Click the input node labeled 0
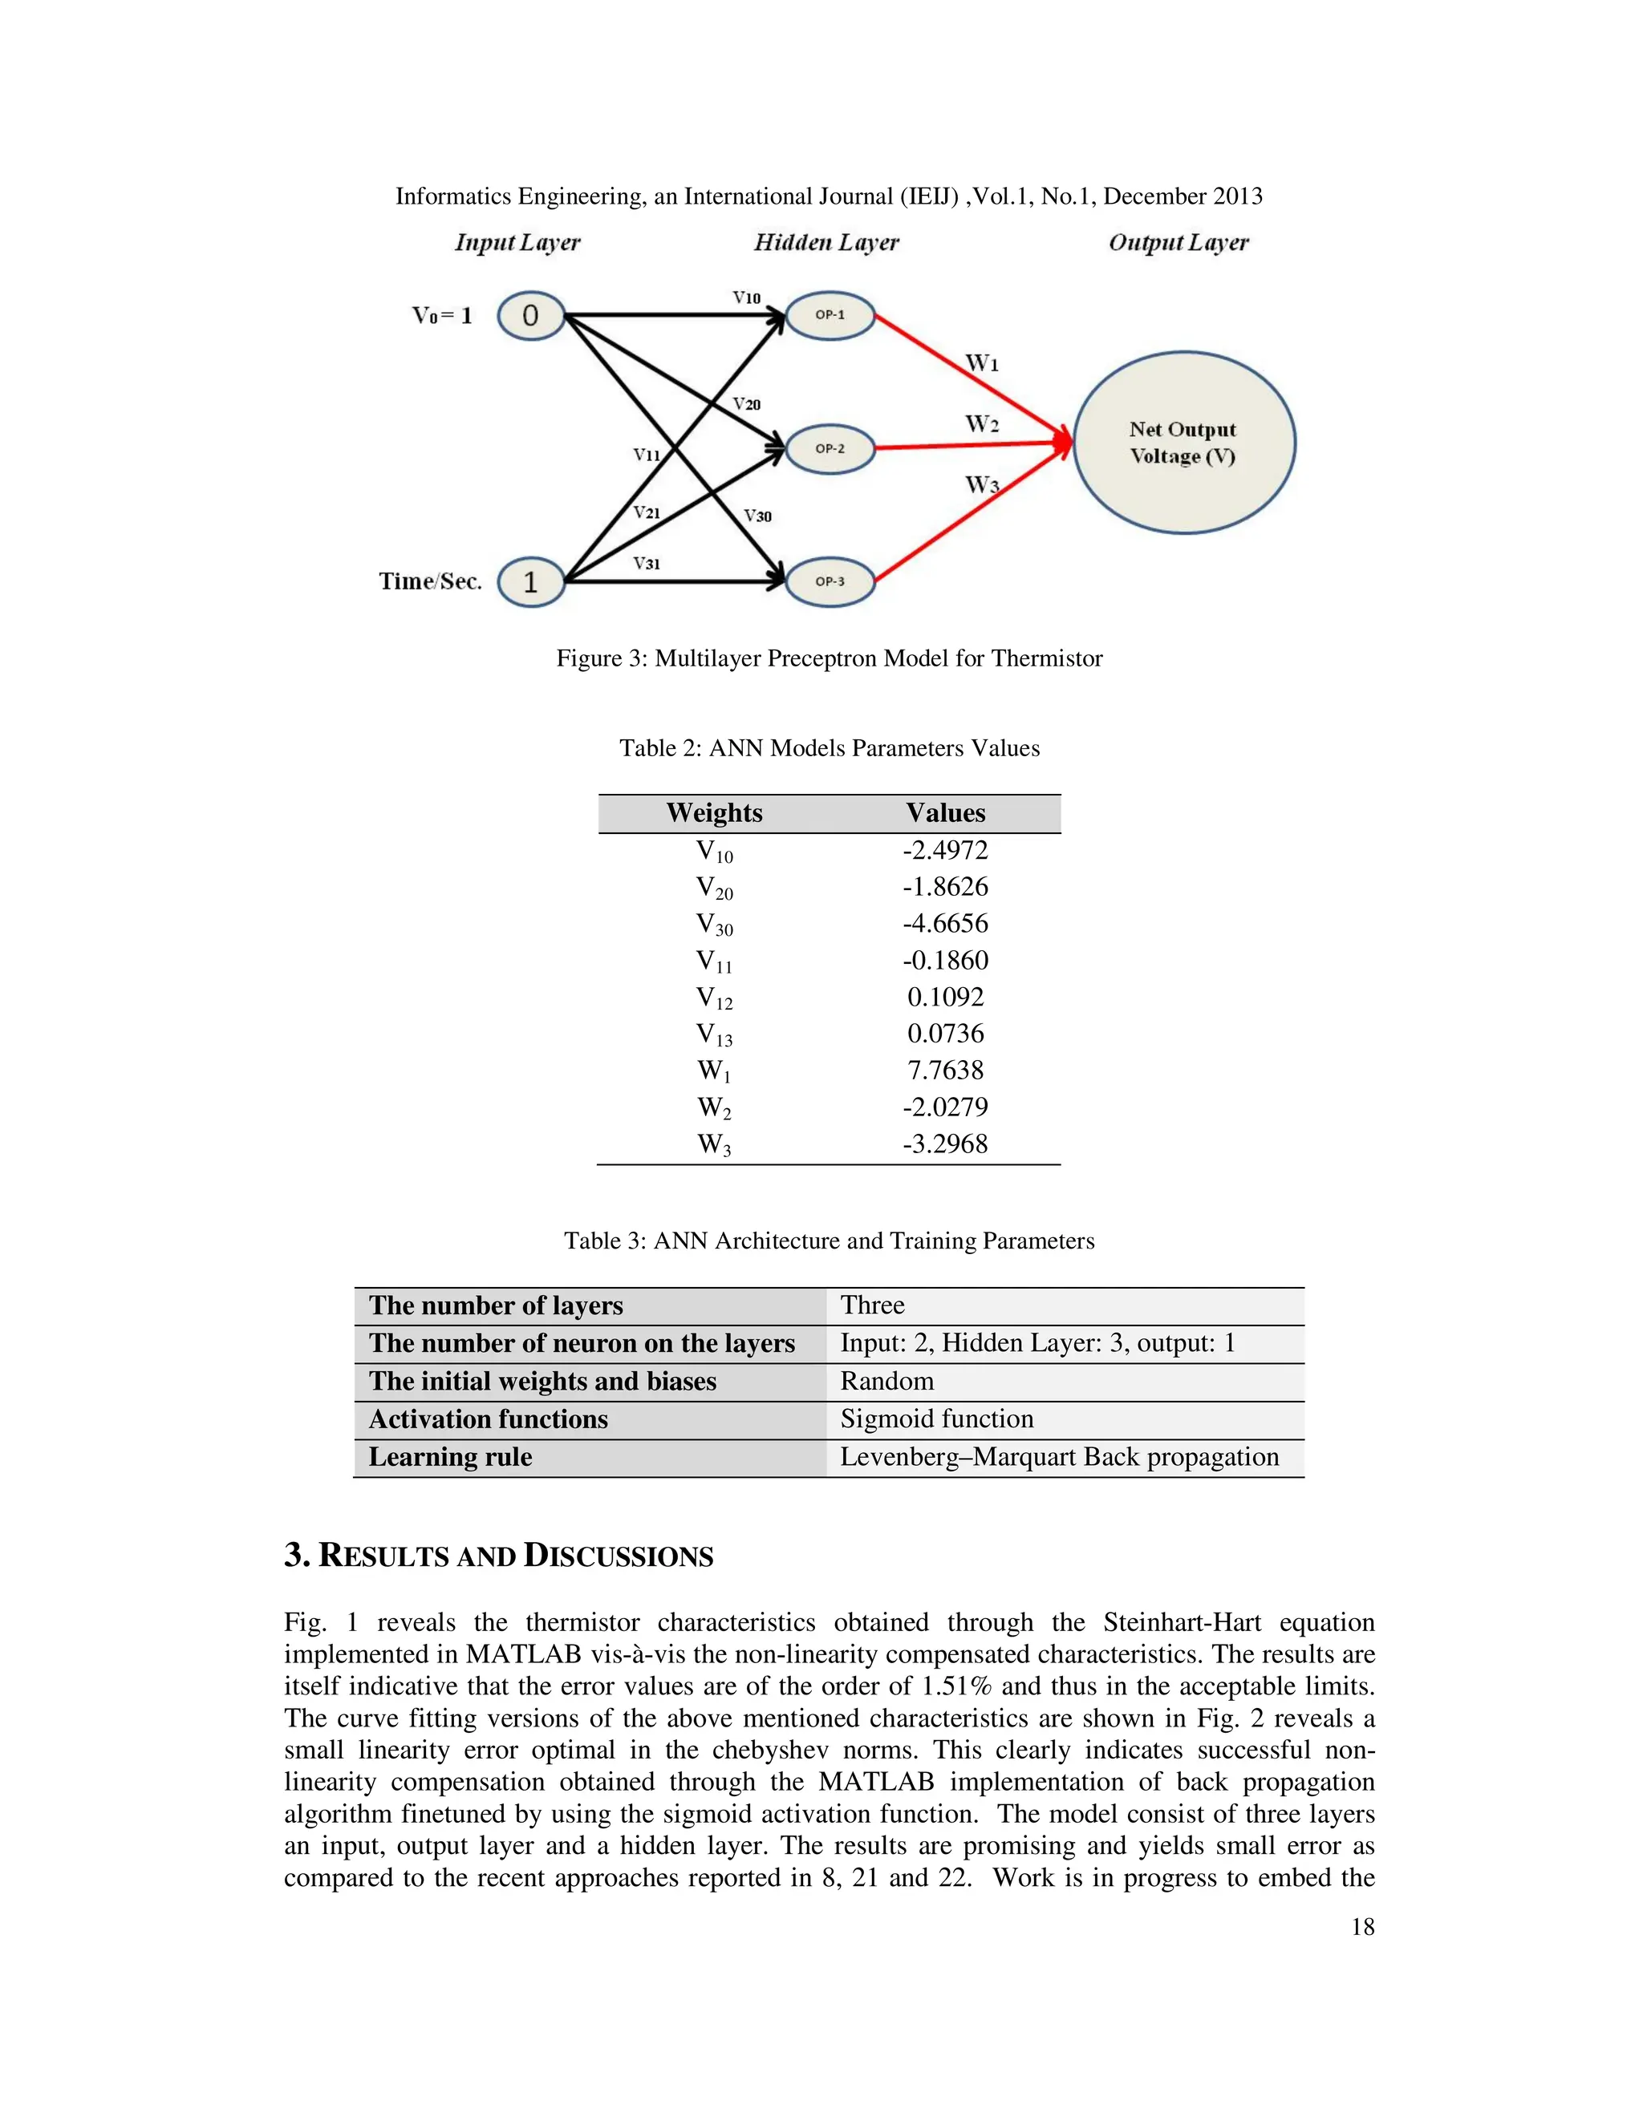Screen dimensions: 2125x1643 [x=530, y=316]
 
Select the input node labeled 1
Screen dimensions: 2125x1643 [x=530, y=582]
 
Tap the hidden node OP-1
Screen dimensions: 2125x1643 [x=830, y=315]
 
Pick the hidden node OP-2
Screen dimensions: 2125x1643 [x=830, y=448]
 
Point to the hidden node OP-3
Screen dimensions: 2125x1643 [x=830, y=582]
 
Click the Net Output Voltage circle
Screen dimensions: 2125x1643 [x=1183, y=443]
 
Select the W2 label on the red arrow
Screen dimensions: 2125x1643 [x=981, y=424]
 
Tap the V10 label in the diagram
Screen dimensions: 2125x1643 [x=747, y=297]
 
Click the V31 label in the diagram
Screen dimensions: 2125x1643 [x=647, y=564]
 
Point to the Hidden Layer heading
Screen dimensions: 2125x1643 [x=826, y=242]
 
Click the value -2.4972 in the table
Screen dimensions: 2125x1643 [x=945, y=850]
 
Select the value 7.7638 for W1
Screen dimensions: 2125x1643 [x=945, y=1071]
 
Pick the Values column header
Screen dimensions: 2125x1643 [x=945, y=813]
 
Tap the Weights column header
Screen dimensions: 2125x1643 [x=715, y=813]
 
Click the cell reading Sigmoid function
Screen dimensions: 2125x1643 [x=936, y=1419]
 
